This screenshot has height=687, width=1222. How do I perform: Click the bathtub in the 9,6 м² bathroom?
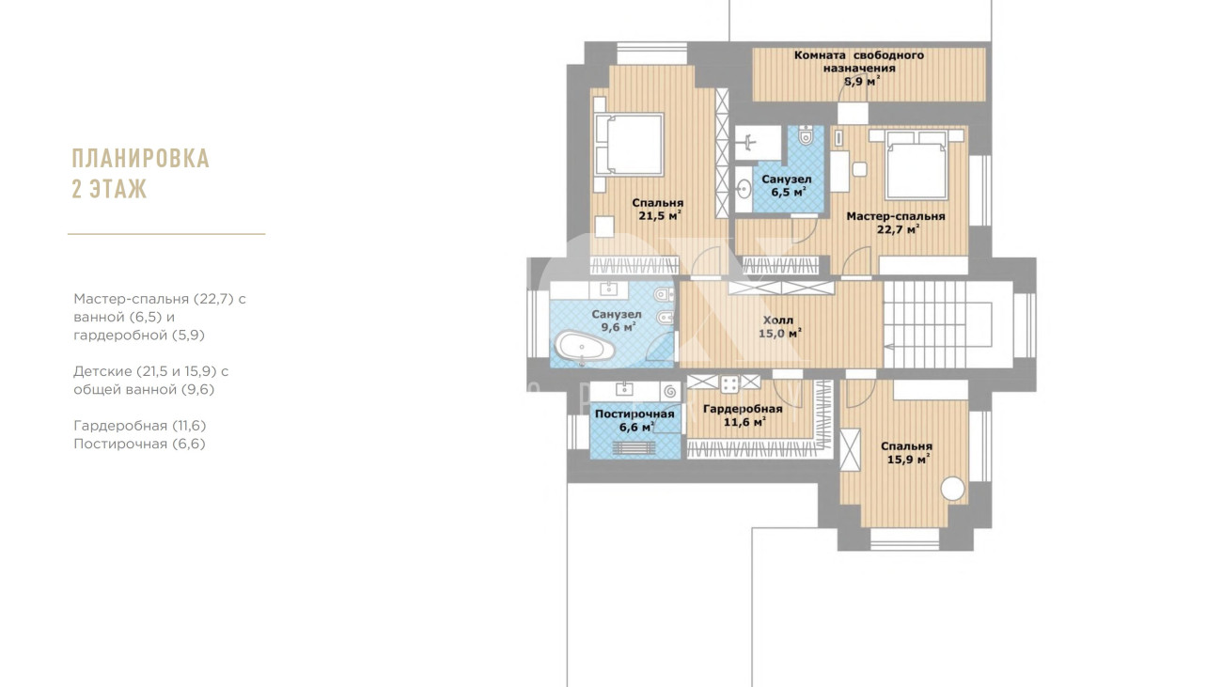click(585, 347)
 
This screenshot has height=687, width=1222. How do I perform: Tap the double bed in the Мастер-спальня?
click(916, 164)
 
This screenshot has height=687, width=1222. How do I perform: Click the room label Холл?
click(778, 320)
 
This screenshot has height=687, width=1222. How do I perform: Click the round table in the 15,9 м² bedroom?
click(953, 488)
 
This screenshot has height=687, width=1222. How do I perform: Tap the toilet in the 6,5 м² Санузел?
click(806, 135)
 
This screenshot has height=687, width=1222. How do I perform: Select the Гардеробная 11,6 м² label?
click(743, 415)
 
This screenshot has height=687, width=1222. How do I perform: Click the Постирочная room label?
click(634, 414)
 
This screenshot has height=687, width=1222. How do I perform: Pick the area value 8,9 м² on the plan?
click(862, 81)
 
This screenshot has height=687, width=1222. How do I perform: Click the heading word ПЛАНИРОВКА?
click(141, 158)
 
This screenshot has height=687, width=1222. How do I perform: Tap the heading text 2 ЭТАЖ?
click(110, 189)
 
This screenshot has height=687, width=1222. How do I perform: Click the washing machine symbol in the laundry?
click(670, 391)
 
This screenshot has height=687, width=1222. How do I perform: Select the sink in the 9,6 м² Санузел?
click(607, 289)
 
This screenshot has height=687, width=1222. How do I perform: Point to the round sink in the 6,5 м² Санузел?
click(744, 190)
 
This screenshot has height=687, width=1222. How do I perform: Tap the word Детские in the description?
click(102, 371)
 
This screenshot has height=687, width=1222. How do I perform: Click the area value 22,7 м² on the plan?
click(898, 229)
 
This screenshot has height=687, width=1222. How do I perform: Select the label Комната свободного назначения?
click(859, 62)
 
